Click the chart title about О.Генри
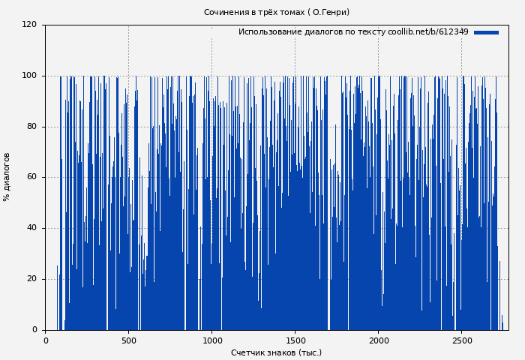[x=276, y=12]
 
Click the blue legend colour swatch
[x=486, y=32]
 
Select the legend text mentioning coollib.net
[x=353, y=32]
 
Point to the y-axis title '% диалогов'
[x=7, y=177]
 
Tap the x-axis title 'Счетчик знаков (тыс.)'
[x=276, y=352]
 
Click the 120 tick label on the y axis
[x=29, y=25]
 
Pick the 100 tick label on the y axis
[x=29, y=76]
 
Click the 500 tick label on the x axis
[x=128, y=340]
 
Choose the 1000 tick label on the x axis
[x=211, y=340]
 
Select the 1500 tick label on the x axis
[x=295, y=340]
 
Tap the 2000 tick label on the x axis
[x=378, y=340]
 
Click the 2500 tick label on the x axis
[x=461, y=340]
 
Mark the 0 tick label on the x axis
[x=46, y=340]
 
